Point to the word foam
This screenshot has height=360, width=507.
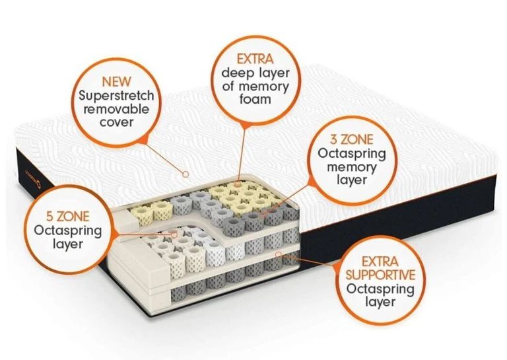(x=255, y=100)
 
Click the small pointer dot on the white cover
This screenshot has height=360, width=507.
(x=185, y=173)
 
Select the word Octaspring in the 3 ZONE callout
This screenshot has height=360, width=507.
(x=351, y=153)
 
